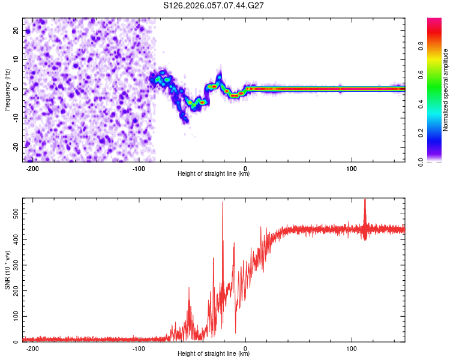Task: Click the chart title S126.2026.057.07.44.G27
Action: (x=214, y=6)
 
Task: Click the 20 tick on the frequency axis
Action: (x=16, y=30)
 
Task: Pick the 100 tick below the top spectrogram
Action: (x=352, y=168)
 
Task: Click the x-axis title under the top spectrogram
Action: (x=214, y=174)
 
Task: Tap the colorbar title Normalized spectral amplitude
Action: (x=446, y=90)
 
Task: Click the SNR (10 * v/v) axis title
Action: (x=7, y=270)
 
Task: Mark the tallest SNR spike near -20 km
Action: (x=223, y=202)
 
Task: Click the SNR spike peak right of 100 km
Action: (x=365, y=200)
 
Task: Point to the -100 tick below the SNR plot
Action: (x=139, y=348)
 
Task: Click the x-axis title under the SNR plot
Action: (x=214, y=354)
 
